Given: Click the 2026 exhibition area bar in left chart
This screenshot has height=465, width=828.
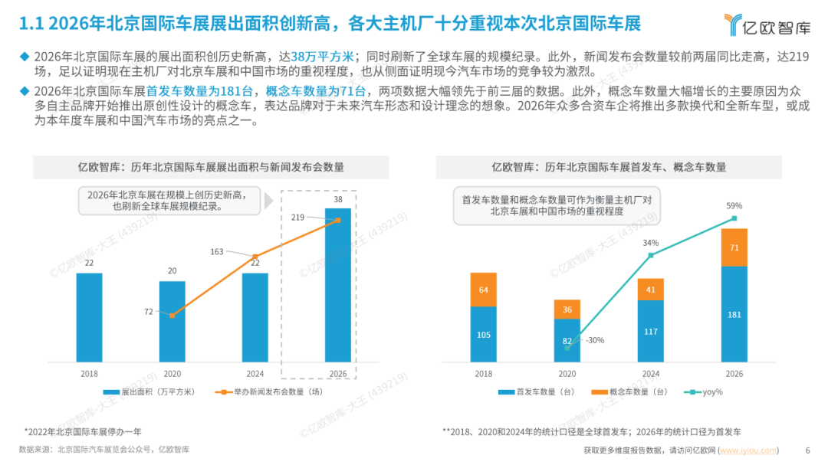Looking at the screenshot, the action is [x=338, y=285].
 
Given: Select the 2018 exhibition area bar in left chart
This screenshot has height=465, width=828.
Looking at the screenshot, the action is [x=89, y=318].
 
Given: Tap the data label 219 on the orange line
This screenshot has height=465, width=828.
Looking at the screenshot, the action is [x=297, y=217].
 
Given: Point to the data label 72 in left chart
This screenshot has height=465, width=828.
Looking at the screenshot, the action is [x=149, y=312].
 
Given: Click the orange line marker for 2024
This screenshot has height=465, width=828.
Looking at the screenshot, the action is [x=255, y=257].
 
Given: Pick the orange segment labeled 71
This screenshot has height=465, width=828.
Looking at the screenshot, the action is [x=734, y=247].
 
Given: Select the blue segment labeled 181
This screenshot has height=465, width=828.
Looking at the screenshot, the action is [x=734, y=314].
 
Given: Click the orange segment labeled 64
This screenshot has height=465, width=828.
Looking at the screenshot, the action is [x=483, y=290].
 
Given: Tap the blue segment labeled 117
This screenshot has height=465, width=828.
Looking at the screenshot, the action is [x=651, y=332].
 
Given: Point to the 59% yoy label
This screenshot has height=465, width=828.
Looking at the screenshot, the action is [x=734, y=206].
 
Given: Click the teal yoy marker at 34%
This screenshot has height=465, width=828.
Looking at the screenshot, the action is [x=651, y=255].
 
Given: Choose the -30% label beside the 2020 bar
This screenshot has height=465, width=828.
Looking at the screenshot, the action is [x=595, y=340].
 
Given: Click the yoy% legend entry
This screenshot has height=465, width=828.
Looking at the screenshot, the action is [x=703, y=392].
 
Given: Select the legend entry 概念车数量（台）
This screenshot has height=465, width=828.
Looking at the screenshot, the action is [x=629, y=392].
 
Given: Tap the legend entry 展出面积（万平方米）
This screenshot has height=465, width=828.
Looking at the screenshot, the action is [x=149, y=392].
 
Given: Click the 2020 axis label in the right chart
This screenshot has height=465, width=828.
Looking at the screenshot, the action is [x=567, y=374].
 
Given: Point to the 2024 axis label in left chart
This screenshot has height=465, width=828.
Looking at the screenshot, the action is [x=255, y=374].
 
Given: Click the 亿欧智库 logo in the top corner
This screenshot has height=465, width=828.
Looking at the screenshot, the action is [x=767, y=25].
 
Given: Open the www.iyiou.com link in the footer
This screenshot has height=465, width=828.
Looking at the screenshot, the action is [x=748, y=450].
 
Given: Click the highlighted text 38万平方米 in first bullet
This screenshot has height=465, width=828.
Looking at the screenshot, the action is [x=322, y=57].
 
